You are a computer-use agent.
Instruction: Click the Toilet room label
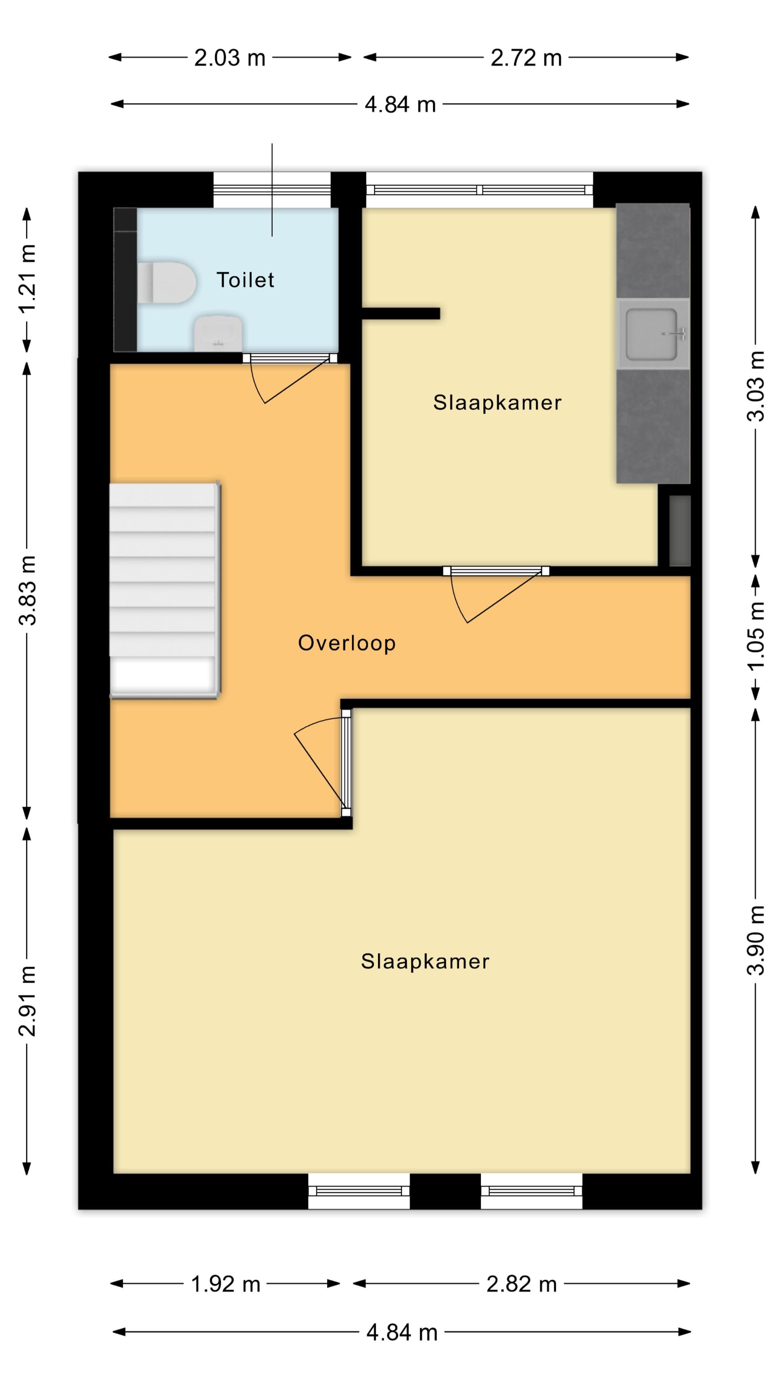point(245,280)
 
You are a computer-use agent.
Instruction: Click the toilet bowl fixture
point(166,282)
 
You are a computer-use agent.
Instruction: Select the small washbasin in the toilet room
point(218,333)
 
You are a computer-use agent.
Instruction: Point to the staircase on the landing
point(165,590)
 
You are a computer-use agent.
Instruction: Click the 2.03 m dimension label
point(230,58)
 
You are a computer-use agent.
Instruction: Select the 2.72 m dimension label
point(526,58)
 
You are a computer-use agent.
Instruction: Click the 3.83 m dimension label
point(27,590)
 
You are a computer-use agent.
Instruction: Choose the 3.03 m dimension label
point(756,386)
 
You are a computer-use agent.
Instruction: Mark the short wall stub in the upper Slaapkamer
point(400,313)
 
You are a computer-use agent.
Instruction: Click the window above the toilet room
point(272,190)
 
